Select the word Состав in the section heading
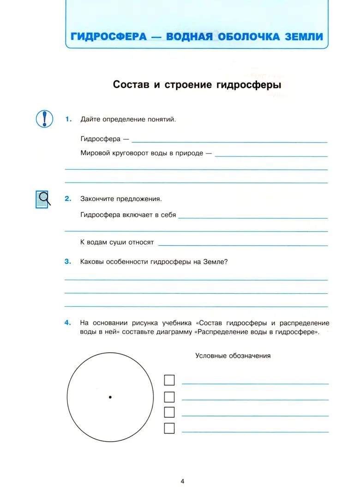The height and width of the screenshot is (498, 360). (131, 85)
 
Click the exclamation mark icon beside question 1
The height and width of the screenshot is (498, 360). (44, 119)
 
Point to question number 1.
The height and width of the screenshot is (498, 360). (68, 119)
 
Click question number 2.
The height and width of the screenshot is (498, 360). (68, 199)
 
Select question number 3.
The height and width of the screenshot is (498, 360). (68, 261)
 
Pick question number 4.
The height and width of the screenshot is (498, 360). (68, 323)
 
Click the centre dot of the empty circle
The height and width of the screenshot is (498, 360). (110, 397)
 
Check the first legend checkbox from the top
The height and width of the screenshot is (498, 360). (169, 380)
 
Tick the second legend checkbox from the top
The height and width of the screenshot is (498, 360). (169, 397)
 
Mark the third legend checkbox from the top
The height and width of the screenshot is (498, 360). (169, 412)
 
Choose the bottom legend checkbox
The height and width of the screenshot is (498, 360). (169, 428)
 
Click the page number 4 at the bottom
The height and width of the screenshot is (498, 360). (182, 481)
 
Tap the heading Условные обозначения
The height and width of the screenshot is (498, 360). (233, 356)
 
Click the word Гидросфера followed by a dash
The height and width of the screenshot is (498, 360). (100, 139)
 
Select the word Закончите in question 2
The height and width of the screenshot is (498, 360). (96, 199)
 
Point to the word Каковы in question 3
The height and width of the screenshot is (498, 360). (91, 261)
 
